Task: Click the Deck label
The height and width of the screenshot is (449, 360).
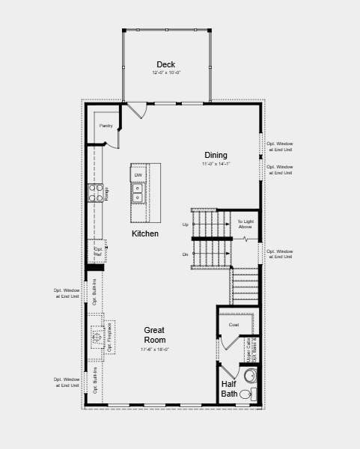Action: tap(165, 64)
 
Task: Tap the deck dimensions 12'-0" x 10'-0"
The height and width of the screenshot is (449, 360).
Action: tap(166, 73)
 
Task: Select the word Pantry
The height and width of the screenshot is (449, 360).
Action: tap(106, 126)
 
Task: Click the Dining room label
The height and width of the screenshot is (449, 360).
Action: tap(216, 156)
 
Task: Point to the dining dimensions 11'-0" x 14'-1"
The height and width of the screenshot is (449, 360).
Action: tap(216, 164)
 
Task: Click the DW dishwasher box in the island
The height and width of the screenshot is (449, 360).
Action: tap(138, 175)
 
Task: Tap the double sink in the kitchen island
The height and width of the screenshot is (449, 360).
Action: tap(138, 192)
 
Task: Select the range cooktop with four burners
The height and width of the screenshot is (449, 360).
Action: tap(95, 193)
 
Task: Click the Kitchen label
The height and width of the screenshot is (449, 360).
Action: tap(145, 233)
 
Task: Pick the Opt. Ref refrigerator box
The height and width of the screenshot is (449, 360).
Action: tap(97, 251)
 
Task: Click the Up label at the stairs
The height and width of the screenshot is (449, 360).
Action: tap(186, 224)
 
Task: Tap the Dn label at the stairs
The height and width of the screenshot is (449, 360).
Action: tap(186, 254)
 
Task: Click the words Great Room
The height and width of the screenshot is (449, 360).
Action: tap(154, 335)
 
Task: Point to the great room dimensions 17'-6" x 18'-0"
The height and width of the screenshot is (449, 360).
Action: tap(154, 349)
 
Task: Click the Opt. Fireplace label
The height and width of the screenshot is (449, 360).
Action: tap(109, 337)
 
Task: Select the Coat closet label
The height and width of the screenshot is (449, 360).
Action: tap(234, 325)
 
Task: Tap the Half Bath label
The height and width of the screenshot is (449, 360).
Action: tap(229, 389)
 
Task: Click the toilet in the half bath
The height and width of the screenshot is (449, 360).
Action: tap(246, 394)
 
